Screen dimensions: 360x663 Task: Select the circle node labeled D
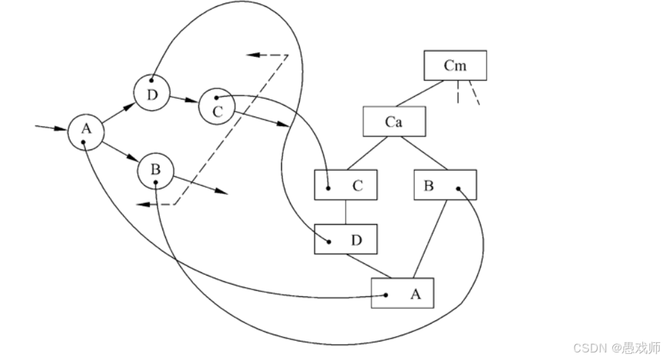[x=152, y=94]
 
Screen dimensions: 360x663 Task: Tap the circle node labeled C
[x=217, y=108]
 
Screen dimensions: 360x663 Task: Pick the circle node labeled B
[x=156, y=171]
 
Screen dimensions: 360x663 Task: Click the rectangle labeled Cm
[x=455, y=66]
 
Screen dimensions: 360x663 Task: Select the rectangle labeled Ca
[x=394, y=123]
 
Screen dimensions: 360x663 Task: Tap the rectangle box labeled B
[x=445, y=184]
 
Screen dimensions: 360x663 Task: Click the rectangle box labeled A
[x=402, y=293]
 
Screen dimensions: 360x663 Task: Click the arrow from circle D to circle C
[x=184, y=100]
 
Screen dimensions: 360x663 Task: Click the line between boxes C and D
[x=346, y=212]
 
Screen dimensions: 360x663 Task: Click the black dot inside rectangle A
[x=387, y=295]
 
